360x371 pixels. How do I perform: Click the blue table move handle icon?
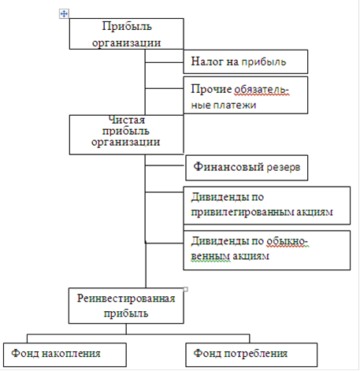tap(64, 13)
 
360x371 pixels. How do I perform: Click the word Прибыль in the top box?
tap(127, 26)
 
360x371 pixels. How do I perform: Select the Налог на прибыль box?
tap(245, 61)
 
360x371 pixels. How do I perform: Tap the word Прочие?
tap(211, 89)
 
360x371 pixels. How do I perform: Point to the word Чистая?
tap(127, 120)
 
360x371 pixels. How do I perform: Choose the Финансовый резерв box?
tap(247, 168)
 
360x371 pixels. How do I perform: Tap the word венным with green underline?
tap(210, 256)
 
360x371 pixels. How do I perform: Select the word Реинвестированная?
tap(126, 299)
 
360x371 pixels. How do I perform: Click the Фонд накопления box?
tap(65, 354)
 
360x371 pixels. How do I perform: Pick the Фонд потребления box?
tap(251, 354)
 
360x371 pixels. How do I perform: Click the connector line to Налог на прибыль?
tap(164, 62)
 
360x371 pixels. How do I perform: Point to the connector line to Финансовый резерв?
tap(165, 165)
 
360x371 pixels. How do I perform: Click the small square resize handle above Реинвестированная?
tap(185, 289)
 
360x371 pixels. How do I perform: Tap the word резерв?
tap(284, 168)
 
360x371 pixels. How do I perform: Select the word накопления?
tap(71, 354)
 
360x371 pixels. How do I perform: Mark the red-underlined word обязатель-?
tap(262, 90)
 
